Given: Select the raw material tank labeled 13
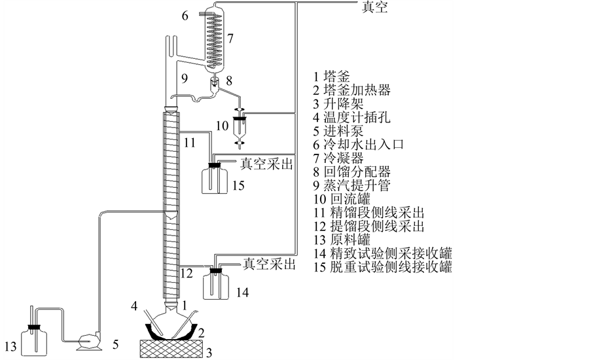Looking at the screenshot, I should [x=31, y=340].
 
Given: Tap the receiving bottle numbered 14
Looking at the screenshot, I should [x=216, y=284].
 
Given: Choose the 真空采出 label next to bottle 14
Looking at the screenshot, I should [x=268, y=264].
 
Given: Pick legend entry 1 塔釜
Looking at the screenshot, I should [x=331, y=77].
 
